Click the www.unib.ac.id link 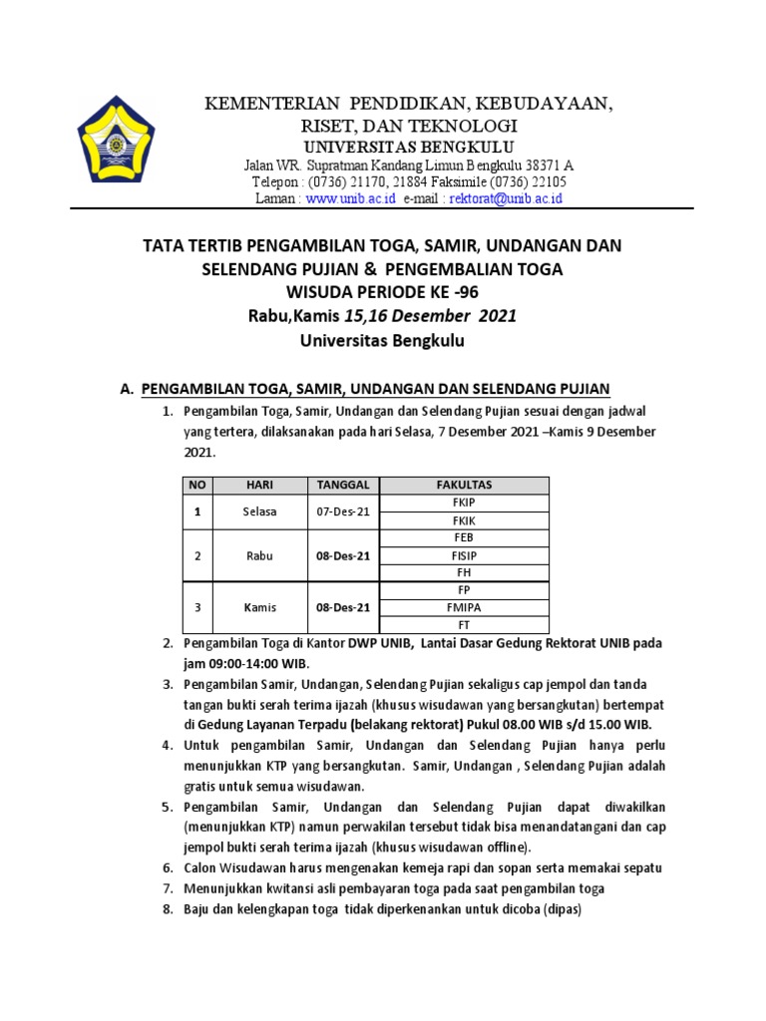pyautogui.click(x=351, y=198)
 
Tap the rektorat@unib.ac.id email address pyautogui.click(x=507, y=198)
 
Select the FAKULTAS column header pyautogui.click(x=464, y=485)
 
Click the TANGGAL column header pyautogui.click(x=343, y=485)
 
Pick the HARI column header pyautogui.click(x=259, y=485)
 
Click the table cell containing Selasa pyautogui.click(x=259, y=511)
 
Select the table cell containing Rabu pyautogui.click(x=259, y=555)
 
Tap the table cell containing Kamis pyautogui.click(x=259, y=607)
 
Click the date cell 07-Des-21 pyautogui.click(x=343, y=511)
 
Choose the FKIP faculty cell pyautogui.click(x=464, y=503)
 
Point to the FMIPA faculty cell pyautogui.click(x=464, y=607)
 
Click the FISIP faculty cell pyautogui.click(x=464, y=555)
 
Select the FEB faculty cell pyautogui.click(x=464, y=537)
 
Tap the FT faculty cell pyautogui.click(x=464, y=624)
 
